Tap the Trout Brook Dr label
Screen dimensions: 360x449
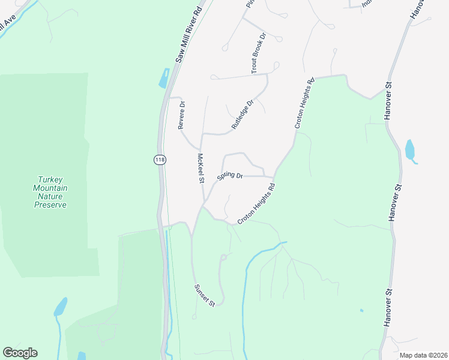[x=259, y=55]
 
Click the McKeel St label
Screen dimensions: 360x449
[x=202, y=169]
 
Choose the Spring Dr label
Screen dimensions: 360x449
[x=229, y=176]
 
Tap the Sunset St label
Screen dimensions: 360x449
[x=204, y=295]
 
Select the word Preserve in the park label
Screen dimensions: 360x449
[x=50, y=205]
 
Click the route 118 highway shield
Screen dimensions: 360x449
[x=160, y=160]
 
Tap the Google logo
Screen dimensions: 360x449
[x=20, y=353]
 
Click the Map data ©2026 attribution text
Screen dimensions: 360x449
[x=423, y=355]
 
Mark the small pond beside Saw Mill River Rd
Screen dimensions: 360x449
[x=164, y=78]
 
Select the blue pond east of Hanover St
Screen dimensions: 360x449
[x=411, y=151]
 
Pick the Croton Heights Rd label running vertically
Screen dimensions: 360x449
[x=304, y=103]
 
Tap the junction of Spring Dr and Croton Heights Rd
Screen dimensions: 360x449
[x=274, y=177]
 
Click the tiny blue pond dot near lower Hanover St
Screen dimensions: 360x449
[x=361, y=310]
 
